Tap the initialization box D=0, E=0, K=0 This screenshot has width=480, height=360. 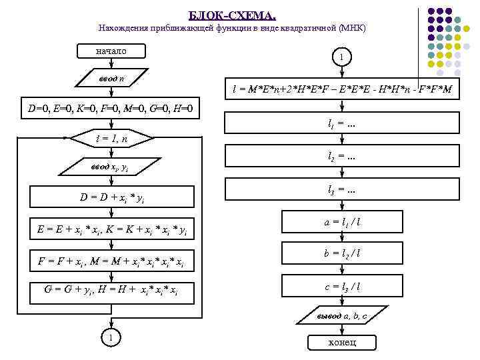pyautogui.click(x=111, y=107)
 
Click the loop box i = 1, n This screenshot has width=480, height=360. pyautogui.click(x=111, y=138)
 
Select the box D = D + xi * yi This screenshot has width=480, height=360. pyautogui.click(x=111, y=198)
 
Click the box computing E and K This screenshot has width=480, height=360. pyautogui.click(x=111, y=230)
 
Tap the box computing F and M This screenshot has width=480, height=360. pyautogui.click(x=111, y=261)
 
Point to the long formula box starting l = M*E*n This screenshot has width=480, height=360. pyautogui.click(x=341, y=89)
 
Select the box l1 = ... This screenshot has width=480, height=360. pyautogui.click(x=341, y=123)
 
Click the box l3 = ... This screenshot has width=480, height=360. pyautogui.click(x=341, y=190)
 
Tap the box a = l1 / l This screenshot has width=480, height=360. pyautogui.click(x=341, y=221)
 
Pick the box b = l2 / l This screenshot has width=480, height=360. pyautogui.click(x=341, y=254)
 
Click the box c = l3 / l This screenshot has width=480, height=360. pyautogui.click(x=341, y=287)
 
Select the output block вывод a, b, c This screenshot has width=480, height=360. pyautogui.click(x=341, y=316)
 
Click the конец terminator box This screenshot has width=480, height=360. pyautogui.click(x=341, y=342)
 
